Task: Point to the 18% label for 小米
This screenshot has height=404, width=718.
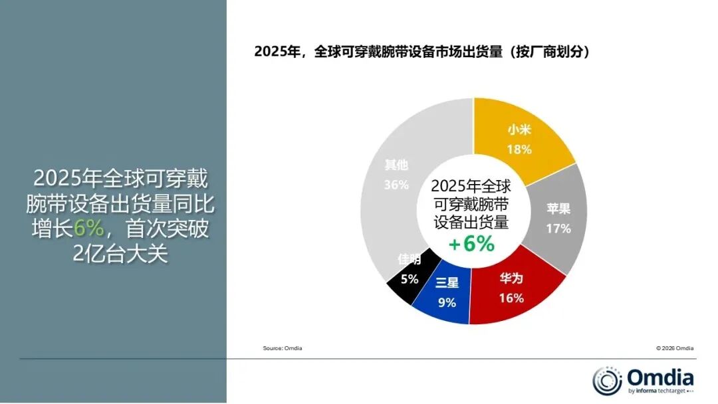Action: tap(519, 150)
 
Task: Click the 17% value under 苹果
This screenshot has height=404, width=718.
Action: tap(558, 229)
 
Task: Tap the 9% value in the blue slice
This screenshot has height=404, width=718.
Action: tap(447, 302)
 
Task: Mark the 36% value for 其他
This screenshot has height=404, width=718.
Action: tap(396, 185)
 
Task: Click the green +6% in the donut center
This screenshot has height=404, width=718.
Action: tap(471, 244)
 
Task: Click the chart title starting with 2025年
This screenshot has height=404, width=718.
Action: tap(423, 52)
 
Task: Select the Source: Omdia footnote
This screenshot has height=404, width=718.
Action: tap(283, 348)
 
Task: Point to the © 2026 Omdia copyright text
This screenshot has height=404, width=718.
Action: tap(675, 348)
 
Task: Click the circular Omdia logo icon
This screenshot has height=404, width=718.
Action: tap(607, 381)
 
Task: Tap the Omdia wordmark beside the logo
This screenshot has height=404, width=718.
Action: tap(660, 378)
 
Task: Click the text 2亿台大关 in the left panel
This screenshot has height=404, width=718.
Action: tap(120, 253)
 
